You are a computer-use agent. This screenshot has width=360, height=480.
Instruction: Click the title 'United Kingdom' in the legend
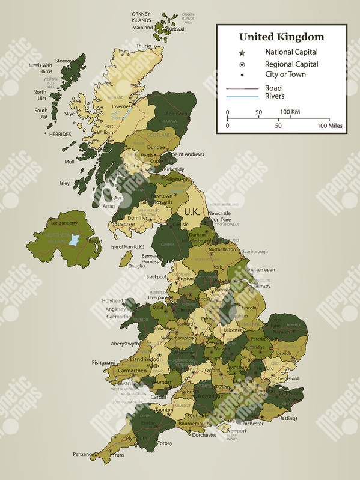(x=281, y=37)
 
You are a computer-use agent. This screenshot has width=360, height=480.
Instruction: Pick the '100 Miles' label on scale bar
(x=331, y=126)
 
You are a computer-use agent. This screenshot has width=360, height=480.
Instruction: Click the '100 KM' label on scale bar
(x=290, y=112)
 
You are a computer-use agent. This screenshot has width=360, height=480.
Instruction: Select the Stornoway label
(x=67, y=61)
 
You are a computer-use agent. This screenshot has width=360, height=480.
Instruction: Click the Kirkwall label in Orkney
(x=177, y=29)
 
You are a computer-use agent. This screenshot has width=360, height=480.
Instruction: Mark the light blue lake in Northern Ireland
(x=75, y=240)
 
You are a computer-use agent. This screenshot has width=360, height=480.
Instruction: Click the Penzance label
(x=83, y=454)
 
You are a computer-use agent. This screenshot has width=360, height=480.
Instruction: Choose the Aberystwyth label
(x=125, y=344)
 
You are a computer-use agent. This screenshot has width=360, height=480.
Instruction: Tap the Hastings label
(x=288, y=418)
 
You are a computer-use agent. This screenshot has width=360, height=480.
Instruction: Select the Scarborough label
(x=255, y=251)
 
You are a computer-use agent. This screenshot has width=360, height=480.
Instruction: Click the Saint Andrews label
(x=188, y=154)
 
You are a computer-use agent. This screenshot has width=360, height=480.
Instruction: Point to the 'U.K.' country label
(x=192, y=211)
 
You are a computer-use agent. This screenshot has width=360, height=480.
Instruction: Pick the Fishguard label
(x=103, y=363)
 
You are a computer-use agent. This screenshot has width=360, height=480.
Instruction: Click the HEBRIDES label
(x=60, y=134)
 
